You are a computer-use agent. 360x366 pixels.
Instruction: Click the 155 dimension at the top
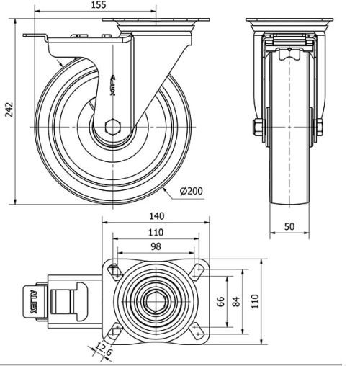point(99,5)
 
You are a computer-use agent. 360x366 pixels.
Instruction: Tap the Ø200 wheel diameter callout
point(192,191)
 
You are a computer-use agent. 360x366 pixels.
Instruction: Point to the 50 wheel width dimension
point(289,226)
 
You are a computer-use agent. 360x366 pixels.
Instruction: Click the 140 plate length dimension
point(156,215)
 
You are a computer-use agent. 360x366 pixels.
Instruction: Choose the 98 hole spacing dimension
point(156,247)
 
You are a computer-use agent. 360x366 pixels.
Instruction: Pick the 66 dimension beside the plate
point(222,299)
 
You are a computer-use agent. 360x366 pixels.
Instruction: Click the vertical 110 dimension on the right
point(253,299)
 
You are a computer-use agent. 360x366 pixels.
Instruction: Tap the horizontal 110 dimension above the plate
point(156,232)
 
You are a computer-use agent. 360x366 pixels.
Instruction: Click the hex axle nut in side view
point(112,128)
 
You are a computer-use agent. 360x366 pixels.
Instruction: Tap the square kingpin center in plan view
point(156,299)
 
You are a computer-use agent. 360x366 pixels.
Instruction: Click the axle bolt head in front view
point(258,128)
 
